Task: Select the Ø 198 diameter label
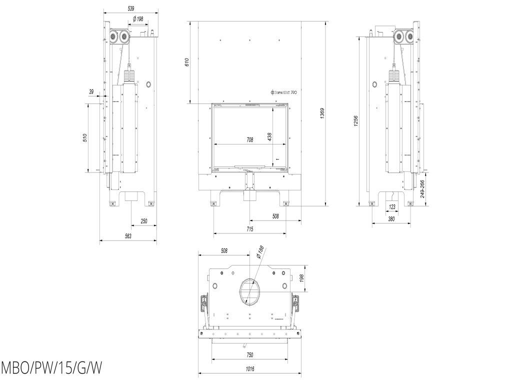137,19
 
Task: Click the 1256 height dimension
355,121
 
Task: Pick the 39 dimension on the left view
91,91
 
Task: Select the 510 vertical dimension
85,137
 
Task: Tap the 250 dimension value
144,221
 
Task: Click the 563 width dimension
128,236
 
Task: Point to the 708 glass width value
249,140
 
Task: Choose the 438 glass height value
269,136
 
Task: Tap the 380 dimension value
391,219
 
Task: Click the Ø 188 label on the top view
259,252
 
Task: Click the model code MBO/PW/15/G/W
51,369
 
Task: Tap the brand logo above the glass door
284,92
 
